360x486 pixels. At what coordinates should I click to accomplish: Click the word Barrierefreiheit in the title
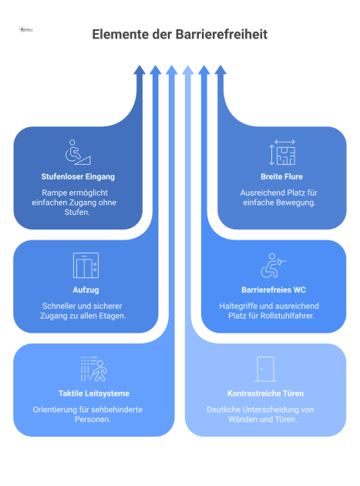(x=221, y=34)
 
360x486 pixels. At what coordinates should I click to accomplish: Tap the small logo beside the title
(x=26, y=30)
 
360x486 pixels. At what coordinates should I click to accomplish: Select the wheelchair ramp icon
(x=78, y=153)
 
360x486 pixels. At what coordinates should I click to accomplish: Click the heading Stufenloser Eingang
(x=78, y=176)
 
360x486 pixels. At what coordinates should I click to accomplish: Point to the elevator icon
(x=86, y=265)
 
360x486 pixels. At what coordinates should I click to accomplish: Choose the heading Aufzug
(x=86, y=290)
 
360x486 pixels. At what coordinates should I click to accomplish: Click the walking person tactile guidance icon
(x=94, y=369)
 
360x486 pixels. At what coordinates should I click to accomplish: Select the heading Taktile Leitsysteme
(x=94, y=394)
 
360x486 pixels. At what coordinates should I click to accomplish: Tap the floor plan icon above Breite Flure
(x=282, y=153)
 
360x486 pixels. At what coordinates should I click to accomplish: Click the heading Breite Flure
(x=282, y=176)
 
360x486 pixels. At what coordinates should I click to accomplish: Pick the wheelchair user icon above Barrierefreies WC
(x=273, y=265)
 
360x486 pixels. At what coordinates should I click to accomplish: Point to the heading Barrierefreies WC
(x=274, y=290)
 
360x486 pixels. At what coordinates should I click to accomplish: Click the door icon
(x=266, y=369)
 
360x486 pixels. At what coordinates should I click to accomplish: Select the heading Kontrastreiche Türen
(x=266, y=394)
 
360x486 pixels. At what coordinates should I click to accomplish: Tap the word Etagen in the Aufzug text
(x=113, y=316)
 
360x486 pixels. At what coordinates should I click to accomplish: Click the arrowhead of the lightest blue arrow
(x=188, y=70)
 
